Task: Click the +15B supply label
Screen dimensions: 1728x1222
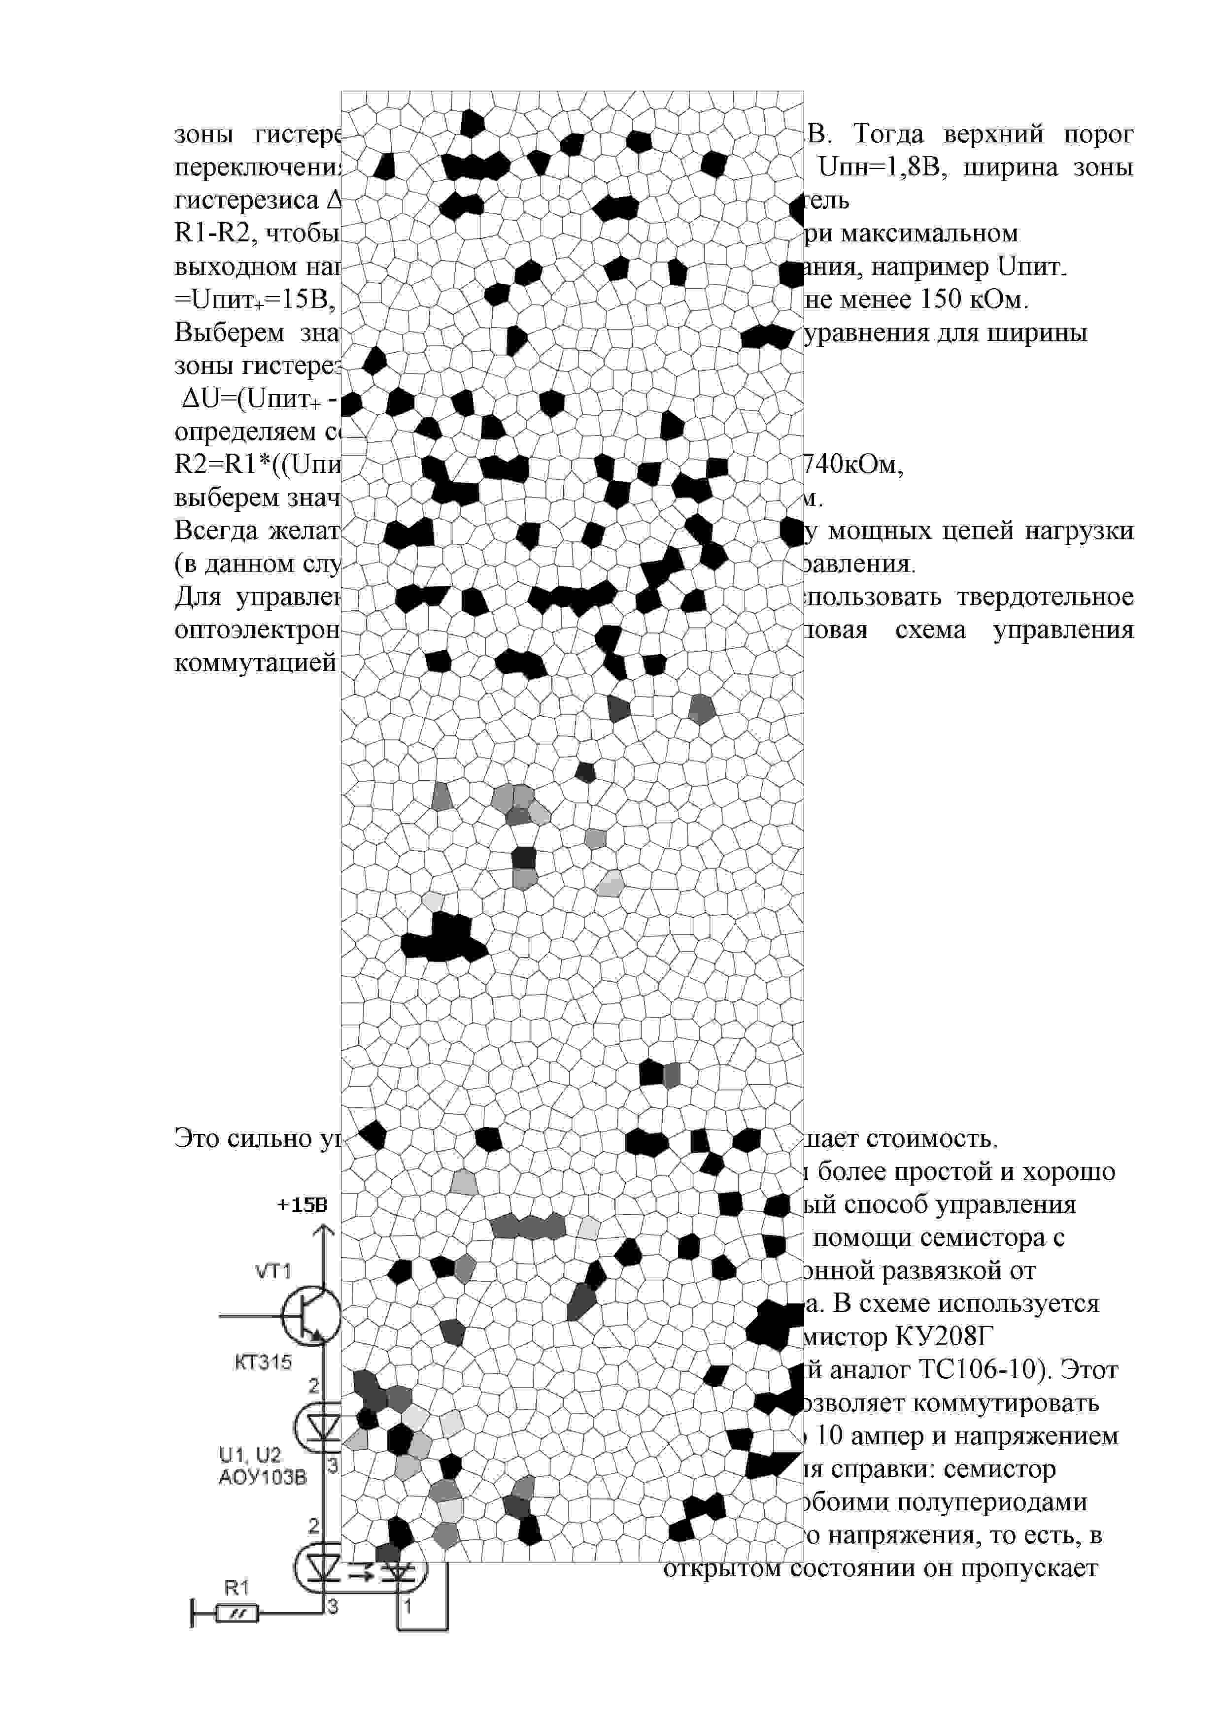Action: point(302,1205)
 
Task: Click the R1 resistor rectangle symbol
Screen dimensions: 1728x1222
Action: point(237,1614)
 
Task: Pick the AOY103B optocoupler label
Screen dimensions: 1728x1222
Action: point(263,1477)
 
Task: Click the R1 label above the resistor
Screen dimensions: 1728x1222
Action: point(237,1588)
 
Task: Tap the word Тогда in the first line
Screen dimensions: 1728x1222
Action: point(888,134)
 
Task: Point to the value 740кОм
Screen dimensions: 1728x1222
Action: point(854,465)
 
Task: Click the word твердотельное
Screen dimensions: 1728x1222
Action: point(1045,597)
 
